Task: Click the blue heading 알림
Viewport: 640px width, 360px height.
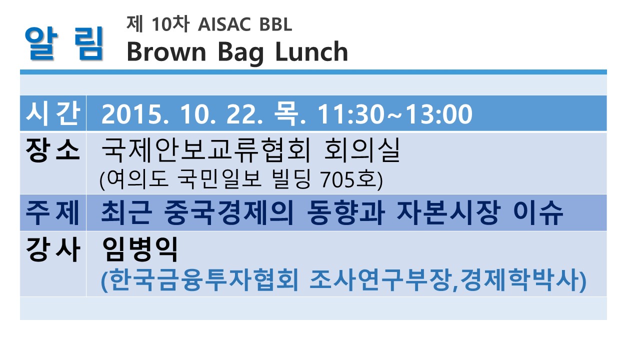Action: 63,43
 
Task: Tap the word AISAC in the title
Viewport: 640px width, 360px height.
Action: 224,24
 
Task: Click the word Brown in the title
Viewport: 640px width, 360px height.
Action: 166,51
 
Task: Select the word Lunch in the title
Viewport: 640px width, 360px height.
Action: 311,51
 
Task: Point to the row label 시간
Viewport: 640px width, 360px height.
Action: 53,113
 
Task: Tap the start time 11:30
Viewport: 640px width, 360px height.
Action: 351,114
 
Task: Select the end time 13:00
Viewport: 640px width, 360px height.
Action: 439,114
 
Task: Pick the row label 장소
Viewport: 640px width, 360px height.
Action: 53,150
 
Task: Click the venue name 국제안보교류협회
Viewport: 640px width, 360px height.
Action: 206,150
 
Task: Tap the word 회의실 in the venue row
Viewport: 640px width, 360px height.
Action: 362,150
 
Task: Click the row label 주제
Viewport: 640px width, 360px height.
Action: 53,212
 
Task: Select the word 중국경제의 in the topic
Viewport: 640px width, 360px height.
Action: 229,212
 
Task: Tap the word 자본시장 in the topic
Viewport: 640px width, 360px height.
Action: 449,212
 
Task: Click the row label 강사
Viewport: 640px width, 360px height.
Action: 53,249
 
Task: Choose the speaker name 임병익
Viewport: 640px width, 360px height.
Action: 140,249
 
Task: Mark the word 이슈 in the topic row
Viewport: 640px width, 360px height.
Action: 538,212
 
